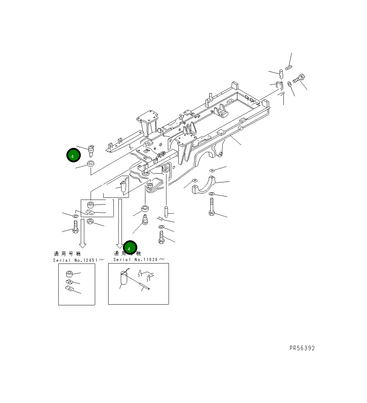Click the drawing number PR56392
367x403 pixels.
click(x=302, y=348)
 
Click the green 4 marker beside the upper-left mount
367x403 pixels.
click(x=73, y=156)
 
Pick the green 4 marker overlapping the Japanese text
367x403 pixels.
click(x=130, y=248)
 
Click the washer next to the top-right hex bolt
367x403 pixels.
click(x=289, y=84)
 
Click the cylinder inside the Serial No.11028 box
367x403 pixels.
click(x=124, y=279)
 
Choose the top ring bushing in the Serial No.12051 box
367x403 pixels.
click(x=69, y=274)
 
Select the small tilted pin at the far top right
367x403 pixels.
click(x=289, y=67)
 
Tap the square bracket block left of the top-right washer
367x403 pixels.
click(x=280, y=85)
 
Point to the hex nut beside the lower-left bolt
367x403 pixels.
click(x=90, y=222)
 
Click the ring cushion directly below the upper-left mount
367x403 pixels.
click(x=91, y=163)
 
